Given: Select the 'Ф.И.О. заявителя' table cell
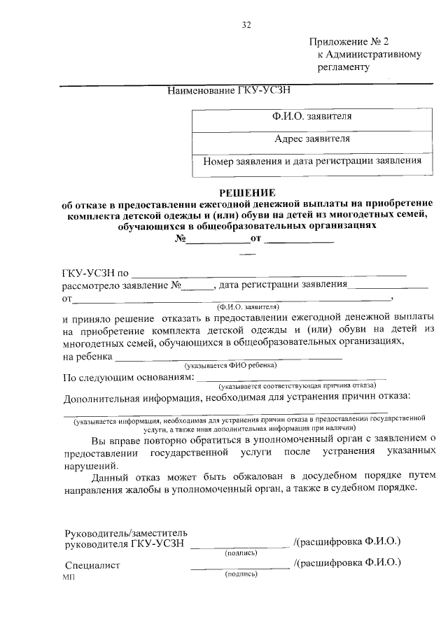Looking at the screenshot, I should coord(312,116).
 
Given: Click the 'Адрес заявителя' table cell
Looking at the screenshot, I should coord(312,138).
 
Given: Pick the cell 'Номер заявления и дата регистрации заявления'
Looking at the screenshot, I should coord(312,161).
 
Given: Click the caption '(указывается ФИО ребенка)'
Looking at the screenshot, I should coord(230,365).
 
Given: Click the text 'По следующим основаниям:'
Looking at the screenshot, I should coord(128,378).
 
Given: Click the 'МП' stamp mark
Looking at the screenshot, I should coord(69,578).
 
